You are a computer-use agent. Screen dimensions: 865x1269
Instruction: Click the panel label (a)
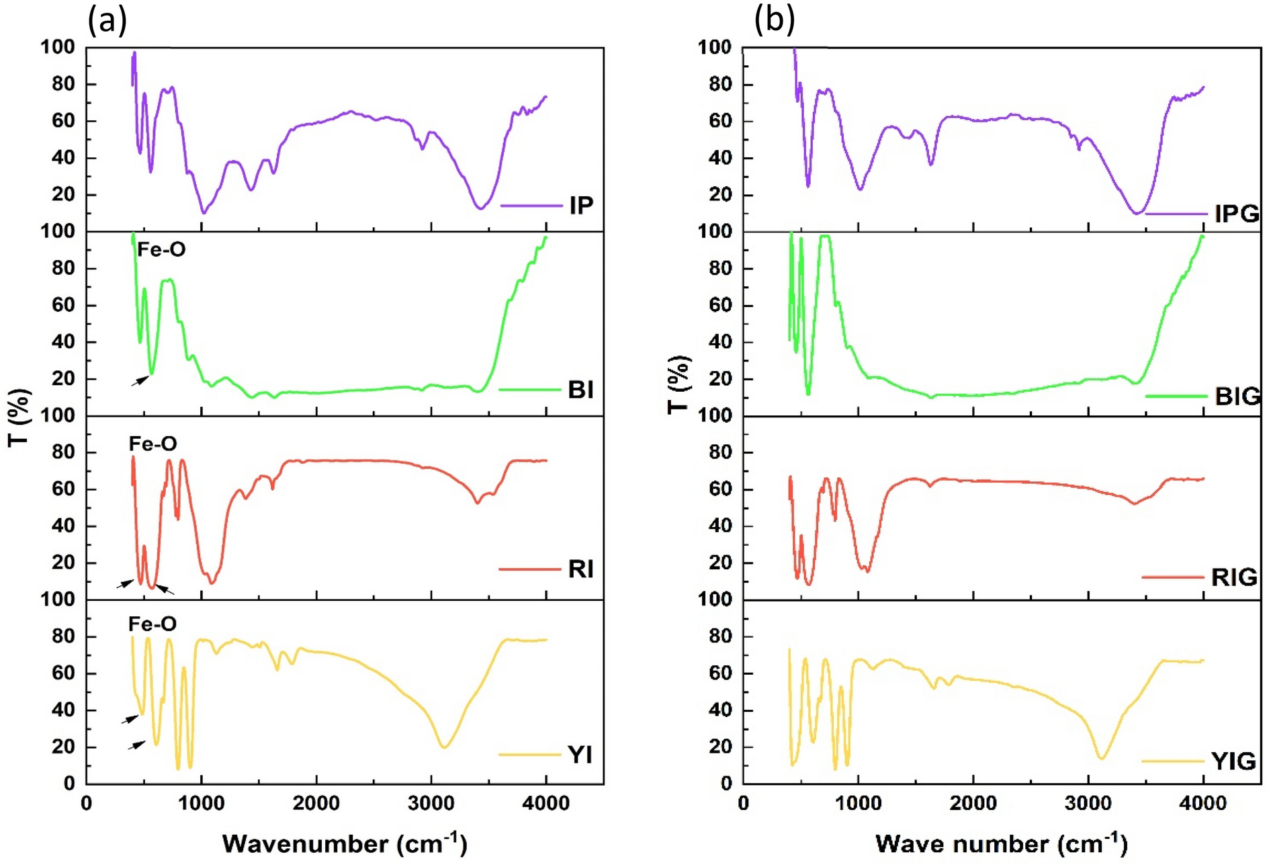pyautogui.click(x=107, y=20)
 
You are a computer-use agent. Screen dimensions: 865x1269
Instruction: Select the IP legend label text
pyautogui.click(x=581, y=206)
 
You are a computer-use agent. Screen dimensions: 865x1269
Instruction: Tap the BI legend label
pyautogui.click(x=580, y=390)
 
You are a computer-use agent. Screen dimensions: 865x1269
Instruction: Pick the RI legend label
pyautogui.click(x=580, y=569)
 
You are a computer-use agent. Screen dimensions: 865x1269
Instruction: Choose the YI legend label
pyautogui.click(x=580, y=755)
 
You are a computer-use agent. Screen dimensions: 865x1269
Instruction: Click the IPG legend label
pyautogui.click(x=1237, y=214)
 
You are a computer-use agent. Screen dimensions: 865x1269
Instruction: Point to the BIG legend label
pyautogui.click(x=1237, y=397)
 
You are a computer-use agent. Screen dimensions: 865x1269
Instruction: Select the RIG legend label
pyautogui.click(x=1234, y=577)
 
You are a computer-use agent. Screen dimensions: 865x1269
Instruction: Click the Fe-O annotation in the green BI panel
pyautogui.click(x=161, y=250)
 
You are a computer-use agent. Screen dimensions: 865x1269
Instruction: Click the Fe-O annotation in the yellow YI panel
pyautogui.click(x=152, y=624)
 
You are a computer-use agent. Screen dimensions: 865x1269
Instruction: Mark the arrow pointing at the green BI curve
pyautogui.click(x=140, y=381)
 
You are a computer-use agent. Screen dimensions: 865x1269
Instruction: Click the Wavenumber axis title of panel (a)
pyautogui.click(x=345, y=843)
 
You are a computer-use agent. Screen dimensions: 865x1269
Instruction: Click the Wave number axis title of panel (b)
pyautogui.click(x=1001, y=843)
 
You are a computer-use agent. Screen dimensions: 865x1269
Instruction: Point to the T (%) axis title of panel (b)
pyautogui.click(x=679, y=384)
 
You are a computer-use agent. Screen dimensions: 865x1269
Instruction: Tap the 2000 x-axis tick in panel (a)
pyautogui.click(x=316, y=803)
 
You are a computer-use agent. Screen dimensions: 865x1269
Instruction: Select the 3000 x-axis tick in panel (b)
pyautogui.click(x=1088, y=803)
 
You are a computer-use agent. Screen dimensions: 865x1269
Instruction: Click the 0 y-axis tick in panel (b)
pyautogui.click(x=726, y=784)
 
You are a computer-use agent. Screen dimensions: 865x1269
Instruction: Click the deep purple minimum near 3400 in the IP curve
pyautogui.click(x=480, y=208)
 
